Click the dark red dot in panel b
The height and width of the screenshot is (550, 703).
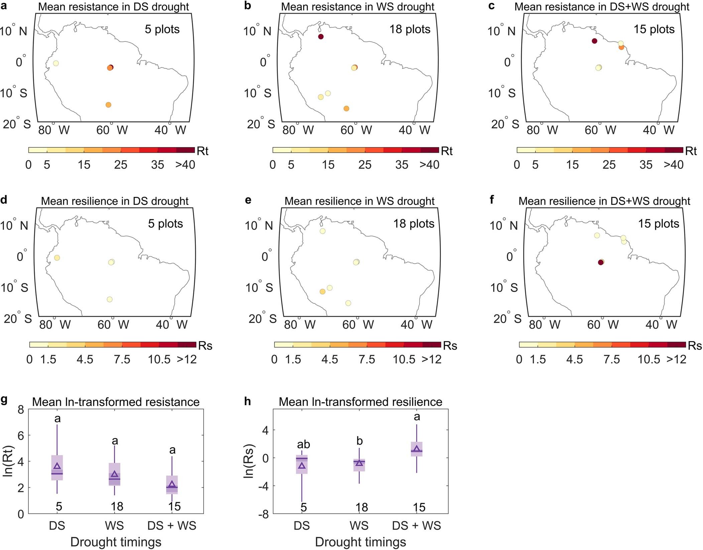coord(321,37)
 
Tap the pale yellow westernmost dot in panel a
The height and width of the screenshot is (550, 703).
coord(56,63)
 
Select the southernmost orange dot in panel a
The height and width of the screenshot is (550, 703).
coord(108,105)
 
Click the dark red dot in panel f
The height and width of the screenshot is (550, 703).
coord(600,262)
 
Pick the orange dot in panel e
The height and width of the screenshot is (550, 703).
coord(322,292)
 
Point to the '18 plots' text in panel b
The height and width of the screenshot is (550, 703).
coord(409,29)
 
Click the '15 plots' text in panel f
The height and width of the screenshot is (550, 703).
coord(658,224)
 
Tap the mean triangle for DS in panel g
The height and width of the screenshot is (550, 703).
coord(57,466)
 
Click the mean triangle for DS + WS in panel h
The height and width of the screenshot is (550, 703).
coord(417,449)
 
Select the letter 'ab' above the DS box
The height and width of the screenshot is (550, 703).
coord(303,444)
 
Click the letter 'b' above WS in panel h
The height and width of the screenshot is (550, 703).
coord(359,441)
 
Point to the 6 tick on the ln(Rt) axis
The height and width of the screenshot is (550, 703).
coord(21,435)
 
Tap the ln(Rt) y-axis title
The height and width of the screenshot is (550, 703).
coord(8,461)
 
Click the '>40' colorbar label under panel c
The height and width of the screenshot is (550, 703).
coord(673,165)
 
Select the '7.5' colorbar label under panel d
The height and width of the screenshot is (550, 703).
coord(122,360)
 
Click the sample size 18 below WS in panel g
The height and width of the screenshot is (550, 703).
coord(117,507)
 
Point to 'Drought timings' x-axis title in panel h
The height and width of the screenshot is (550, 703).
coord(360,542)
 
